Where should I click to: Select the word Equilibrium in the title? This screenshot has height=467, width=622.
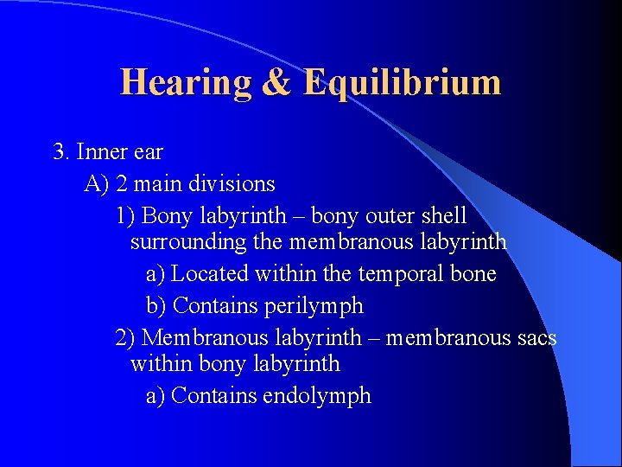coord(402,83)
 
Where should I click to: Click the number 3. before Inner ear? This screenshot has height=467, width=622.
coord(61,152)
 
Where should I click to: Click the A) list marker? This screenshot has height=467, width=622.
coord(97,184)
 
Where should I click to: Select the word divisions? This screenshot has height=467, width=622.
coord(235,184)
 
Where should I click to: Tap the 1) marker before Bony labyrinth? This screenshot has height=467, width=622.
coord(125,215)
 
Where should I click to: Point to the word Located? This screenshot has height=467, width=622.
coord(210,274)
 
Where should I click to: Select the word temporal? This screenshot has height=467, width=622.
coord(398,274)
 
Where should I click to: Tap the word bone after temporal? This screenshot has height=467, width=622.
coord(473,274)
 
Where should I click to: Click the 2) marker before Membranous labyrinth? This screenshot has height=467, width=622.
coord(125,337)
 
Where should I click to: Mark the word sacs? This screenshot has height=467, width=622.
coord(535,337)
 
